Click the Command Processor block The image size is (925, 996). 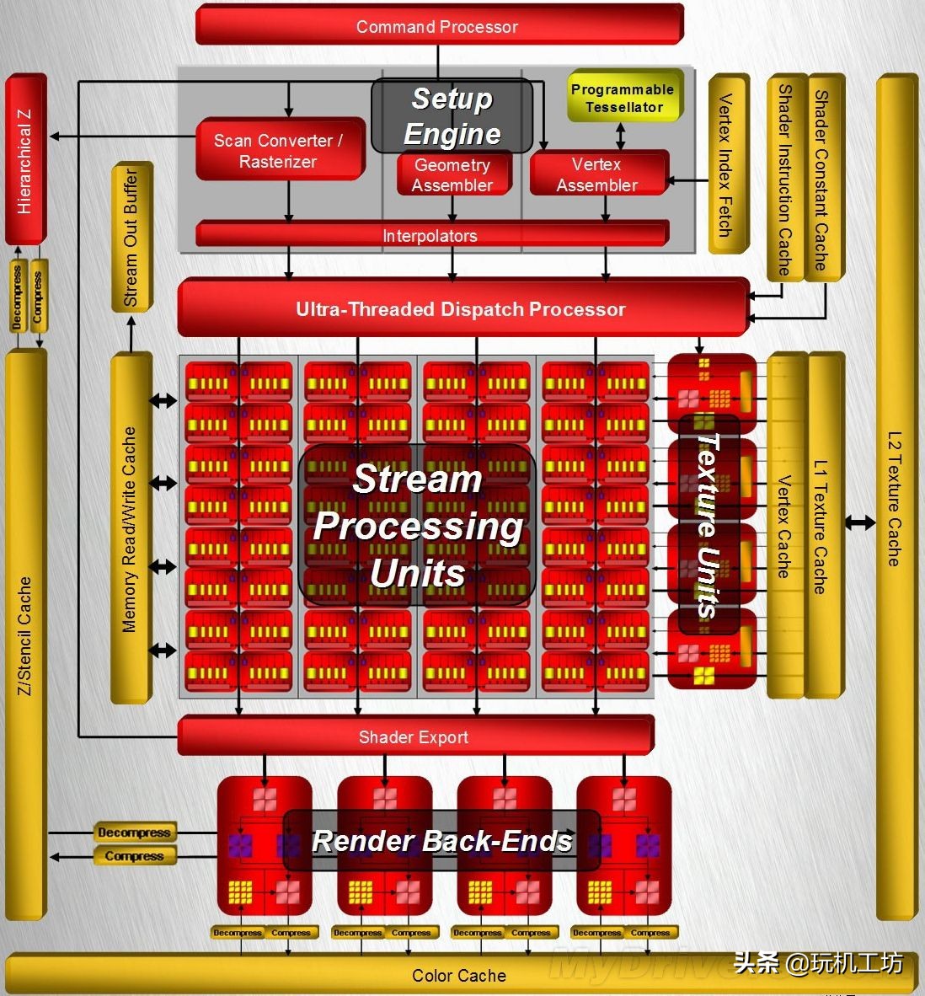[437, 26]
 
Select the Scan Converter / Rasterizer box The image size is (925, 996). [279, 150]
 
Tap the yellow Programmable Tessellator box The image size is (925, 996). [623, 98]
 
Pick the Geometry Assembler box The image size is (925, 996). [453, 175]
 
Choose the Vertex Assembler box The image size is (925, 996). [597, 174]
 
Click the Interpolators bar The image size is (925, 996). [430, 235]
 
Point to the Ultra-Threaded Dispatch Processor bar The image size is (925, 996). [461, 309]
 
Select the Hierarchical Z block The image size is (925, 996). [24, 160]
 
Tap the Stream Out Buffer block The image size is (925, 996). [131, 238]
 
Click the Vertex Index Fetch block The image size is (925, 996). [726, 165]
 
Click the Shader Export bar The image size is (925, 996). [414, 737]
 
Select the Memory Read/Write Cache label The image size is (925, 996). [130, 529]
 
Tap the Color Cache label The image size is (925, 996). [459, 976]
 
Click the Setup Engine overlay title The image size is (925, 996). [452, 116]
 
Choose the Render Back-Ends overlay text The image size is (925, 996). [442, 840]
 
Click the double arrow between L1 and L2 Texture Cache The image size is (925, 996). [860, 522]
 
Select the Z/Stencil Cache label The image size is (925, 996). [24, 636]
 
